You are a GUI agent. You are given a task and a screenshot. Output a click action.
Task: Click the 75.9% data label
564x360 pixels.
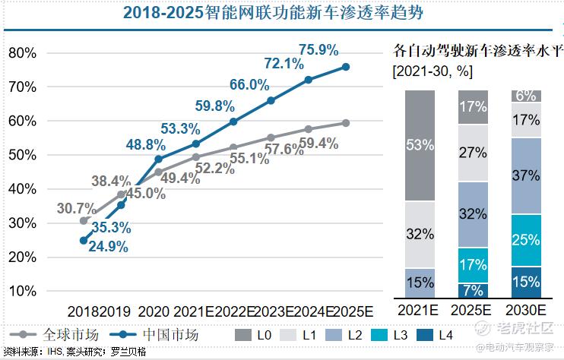(x=318, y=50)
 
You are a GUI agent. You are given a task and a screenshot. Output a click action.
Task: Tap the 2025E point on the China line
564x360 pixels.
(x=346, y=67)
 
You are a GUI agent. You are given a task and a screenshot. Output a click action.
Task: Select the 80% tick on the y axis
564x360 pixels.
(x=22, y=52)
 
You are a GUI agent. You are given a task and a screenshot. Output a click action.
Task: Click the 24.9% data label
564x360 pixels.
(x=106, y=246)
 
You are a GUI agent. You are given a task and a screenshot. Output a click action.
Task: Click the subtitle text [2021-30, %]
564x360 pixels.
(x=431, y=72)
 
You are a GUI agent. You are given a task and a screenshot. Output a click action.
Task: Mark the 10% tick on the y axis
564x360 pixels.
(x=22, y=291)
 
